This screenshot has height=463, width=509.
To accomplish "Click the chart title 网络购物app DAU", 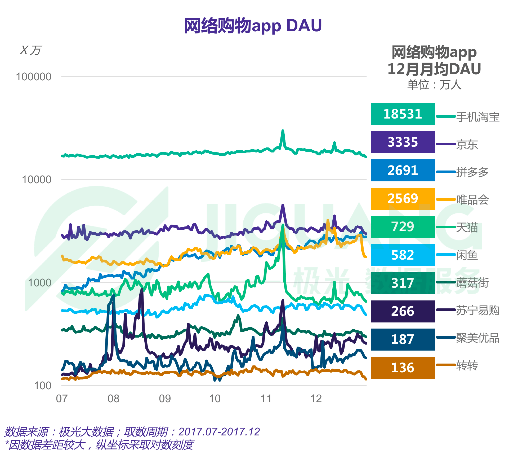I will [x=253, y=26].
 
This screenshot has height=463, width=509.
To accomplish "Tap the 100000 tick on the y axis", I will [x=34, y=77].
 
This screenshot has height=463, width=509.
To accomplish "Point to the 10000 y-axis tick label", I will [x=37, y=180].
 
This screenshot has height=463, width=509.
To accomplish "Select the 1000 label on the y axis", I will [x=39, y=283].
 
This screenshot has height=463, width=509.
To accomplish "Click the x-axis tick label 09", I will [x=165, y=399].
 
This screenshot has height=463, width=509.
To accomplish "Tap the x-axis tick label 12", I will [x=316, y=399].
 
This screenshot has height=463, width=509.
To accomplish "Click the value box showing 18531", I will [x=403, y=114].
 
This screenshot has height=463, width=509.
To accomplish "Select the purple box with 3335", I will [x=403, y=142].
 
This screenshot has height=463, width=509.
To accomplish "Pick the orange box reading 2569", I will [x=403, y=199].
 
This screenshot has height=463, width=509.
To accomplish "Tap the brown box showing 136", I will [x=403, y=368].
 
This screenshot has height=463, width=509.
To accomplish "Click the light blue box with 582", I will [x=403, y=255].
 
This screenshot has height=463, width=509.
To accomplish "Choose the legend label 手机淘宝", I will [x=478, y=117].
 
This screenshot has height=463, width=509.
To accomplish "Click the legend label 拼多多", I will [x=472, y=172].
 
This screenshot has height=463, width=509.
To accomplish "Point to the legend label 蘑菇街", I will [x=472, y=283].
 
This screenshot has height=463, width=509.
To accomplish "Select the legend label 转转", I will [x=467, y=366].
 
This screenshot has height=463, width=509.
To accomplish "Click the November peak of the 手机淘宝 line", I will [x=283, y=131].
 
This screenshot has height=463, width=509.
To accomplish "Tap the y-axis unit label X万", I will [x=31, y=50].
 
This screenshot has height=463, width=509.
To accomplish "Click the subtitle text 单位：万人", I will [x=434, y=85].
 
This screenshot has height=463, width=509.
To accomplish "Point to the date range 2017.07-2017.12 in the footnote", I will [x=219, y=432].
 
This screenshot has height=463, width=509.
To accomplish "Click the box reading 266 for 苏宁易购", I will [x=403, y=311].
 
